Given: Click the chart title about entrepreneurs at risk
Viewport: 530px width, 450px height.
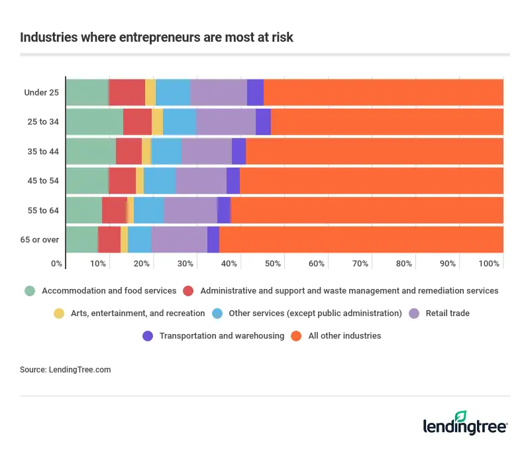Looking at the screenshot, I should [x=156, y=38].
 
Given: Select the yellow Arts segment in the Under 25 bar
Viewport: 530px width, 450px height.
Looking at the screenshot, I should [x=150, y=92].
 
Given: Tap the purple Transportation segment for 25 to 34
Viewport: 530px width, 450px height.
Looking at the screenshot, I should [x=263, y=122].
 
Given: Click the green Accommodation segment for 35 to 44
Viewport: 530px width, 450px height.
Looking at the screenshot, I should [x=91, y=151].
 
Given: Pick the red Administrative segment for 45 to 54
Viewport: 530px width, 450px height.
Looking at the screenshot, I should [x=123, y=180].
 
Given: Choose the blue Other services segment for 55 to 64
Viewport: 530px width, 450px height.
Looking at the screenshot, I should [x=148, y=210].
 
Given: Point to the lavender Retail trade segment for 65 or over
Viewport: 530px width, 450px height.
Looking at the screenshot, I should [x=179, y=239].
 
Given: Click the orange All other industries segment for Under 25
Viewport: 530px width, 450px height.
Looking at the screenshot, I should [x=383, y=92].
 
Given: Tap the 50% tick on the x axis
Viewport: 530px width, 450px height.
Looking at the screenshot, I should [x=273, y=264].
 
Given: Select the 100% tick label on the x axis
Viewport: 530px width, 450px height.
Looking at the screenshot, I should [x=489, y=264].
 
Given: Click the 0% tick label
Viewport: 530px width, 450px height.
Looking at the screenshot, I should [x=57, y=264].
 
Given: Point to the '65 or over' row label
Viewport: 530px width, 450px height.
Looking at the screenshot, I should [x=41, y=239].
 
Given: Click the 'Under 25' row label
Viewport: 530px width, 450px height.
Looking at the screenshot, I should [x=42, y=92].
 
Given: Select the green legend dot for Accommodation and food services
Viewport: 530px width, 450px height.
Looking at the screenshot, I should [x=29, y=291].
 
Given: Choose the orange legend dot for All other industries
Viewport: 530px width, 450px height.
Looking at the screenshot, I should [x=297, y=336].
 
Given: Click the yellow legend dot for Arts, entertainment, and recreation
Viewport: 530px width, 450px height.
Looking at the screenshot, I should [x=58, y=313].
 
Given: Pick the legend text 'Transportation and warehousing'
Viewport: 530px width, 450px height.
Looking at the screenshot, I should [x=222, y=336].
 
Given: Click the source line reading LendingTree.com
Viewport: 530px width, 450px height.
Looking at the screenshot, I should [x=66, y=370].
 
